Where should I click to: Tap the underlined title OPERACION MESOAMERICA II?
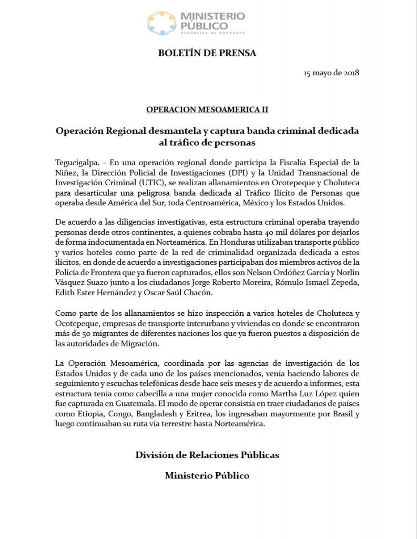click(x=207, y=109)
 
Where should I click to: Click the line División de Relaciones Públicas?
click(x=207, y=454)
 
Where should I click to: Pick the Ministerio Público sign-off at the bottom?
click(x=207, y=476)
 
